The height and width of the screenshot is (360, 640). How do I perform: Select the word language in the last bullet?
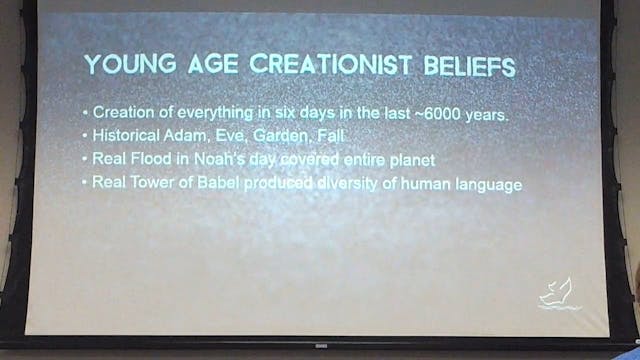pyautogui.click(x=487, y=184)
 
